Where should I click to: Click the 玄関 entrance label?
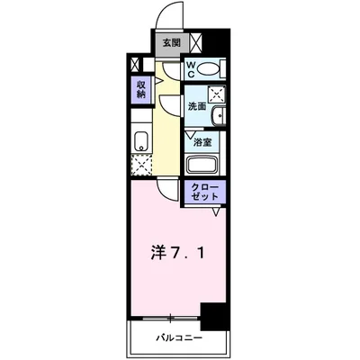click(x=170, y=42)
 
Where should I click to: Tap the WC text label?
click(x=193, y=68)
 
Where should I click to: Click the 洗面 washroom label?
click(x=196, y=106)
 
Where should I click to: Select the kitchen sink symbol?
click(x=140, y=141)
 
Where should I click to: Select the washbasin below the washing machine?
click(x=219, y=117)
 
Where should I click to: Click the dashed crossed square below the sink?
click(x=141, y=165)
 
